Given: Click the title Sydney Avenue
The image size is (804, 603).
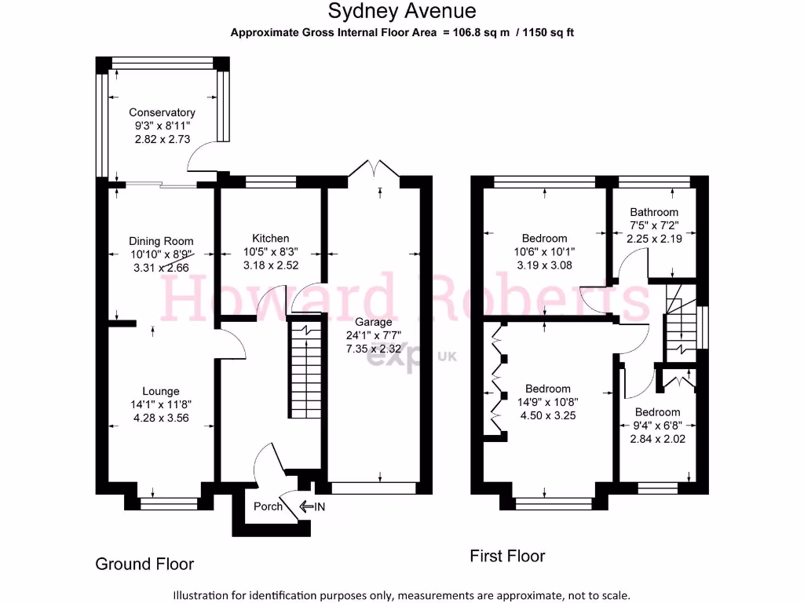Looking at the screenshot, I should [x=401, y=11].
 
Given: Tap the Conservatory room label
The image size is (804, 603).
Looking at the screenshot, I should [x=162, y=112].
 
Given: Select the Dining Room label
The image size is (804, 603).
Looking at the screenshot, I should [x=161, y=241].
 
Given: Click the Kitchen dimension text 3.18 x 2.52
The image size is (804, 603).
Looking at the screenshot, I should [x=270, y=265].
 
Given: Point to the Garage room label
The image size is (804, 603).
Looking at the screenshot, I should [x=373, y=322].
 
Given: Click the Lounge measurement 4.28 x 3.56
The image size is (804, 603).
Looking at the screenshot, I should [x=161, y=418].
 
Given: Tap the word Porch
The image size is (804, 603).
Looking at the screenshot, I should [x=268, y=506].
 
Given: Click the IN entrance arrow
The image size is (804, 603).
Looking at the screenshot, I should [x=313, y=506].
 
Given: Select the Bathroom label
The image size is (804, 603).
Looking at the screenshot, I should [x=654, y=212].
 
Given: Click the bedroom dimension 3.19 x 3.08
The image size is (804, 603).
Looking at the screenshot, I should [x=544, y=265].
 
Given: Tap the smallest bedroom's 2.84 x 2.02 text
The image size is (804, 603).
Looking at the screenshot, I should [x=657, y=439].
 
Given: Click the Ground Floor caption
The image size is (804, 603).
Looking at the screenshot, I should [x=144, y=564].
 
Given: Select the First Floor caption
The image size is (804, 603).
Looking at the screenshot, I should [x=507, y=556].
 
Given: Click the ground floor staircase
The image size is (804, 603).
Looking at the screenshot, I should [x=302, y=369].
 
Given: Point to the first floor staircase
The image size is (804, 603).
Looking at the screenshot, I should [x=679, y=322].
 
